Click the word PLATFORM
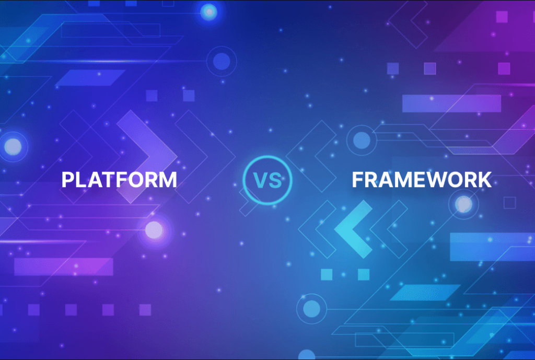119,180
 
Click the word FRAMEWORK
421,180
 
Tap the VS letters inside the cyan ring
267,180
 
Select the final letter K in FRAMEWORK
483,180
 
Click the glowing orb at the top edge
209,11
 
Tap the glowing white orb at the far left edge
13,146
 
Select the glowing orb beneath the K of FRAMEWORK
463,204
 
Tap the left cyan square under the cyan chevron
327,274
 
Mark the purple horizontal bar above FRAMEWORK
451,103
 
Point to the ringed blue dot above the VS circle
222,62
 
